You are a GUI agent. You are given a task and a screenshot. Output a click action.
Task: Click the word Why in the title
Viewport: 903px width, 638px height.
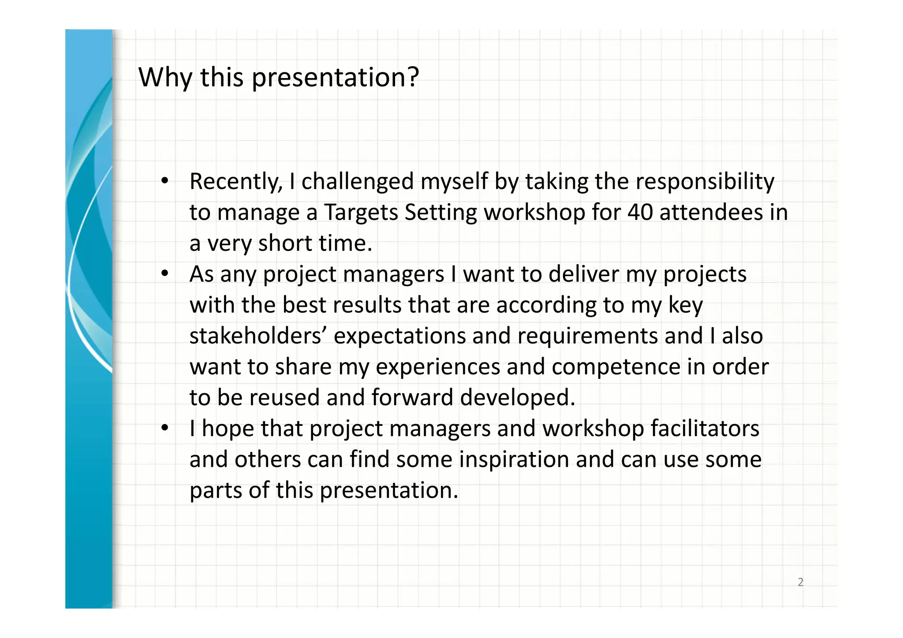coord(165,78)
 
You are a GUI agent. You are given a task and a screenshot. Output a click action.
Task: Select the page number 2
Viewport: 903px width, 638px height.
coord(800,582)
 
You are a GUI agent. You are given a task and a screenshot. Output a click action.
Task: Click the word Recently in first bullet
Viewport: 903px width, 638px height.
coord(236,182)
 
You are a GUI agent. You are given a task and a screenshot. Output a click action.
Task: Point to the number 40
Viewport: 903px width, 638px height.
coord(640,212)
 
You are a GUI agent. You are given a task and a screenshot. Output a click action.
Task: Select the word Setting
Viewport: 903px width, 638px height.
coord(440,213)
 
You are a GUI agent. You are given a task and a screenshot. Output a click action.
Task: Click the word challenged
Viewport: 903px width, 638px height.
coord(357,182)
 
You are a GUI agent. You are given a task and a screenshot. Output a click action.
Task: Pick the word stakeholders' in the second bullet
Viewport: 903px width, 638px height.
coord(258,336)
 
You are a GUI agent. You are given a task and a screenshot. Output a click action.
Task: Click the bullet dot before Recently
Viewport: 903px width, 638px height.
coord(165,180)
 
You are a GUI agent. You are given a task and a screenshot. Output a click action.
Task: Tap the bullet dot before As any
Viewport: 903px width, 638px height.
coord(165,273)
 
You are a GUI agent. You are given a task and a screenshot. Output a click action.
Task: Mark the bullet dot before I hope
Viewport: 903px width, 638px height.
coord(165,428)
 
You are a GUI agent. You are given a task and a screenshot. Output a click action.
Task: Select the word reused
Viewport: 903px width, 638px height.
coord(284,398)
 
